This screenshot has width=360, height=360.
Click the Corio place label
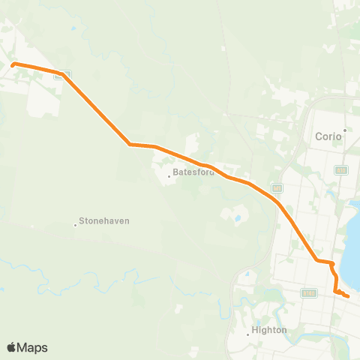click(x=327, y=137)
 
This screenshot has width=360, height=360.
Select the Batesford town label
click(x=193, y=172)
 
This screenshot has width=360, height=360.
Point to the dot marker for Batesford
click(x=170, y=178)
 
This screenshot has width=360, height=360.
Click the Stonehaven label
click(x=103, y=222)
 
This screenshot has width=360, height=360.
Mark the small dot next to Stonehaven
click(x=76, y=224)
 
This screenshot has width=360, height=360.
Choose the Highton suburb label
click(x=270, y=329)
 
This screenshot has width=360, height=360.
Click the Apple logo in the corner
click(x=11, y=347)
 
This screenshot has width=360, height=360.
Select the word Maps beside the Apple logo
click(x=33, y=347)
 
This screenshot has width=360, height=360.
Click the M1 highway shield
click(x=277, y=187)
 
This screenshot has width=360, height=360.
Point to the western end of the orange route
click(x=13, y=64)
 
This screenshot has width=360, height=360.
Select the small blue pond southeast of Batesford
click(x=238, y=220)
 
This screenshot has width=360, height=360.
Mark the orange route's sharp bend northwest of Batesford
click(x=130, y=143)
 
